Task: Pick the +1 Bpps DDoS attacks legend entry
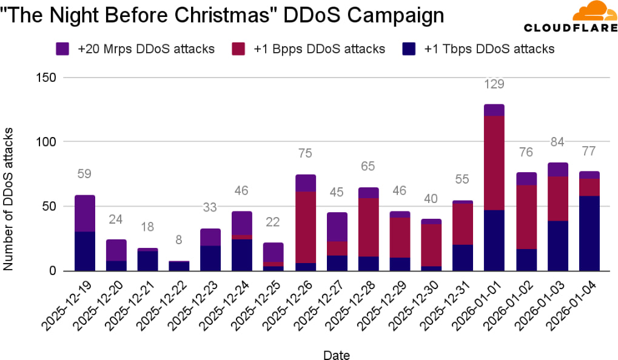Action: [315, 49]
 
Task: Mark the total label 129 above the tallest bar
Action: [494, 84]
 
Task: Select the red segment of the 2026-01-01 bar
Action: [494, 163]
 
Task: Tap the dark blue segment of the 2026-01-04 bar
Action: [589, 233]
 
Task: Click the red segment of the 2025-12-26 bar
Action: [306, 227]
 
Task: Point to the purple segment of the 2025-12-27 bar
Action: [337, 227]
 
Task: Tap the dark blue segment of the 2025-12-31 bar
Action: [463, 258]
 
